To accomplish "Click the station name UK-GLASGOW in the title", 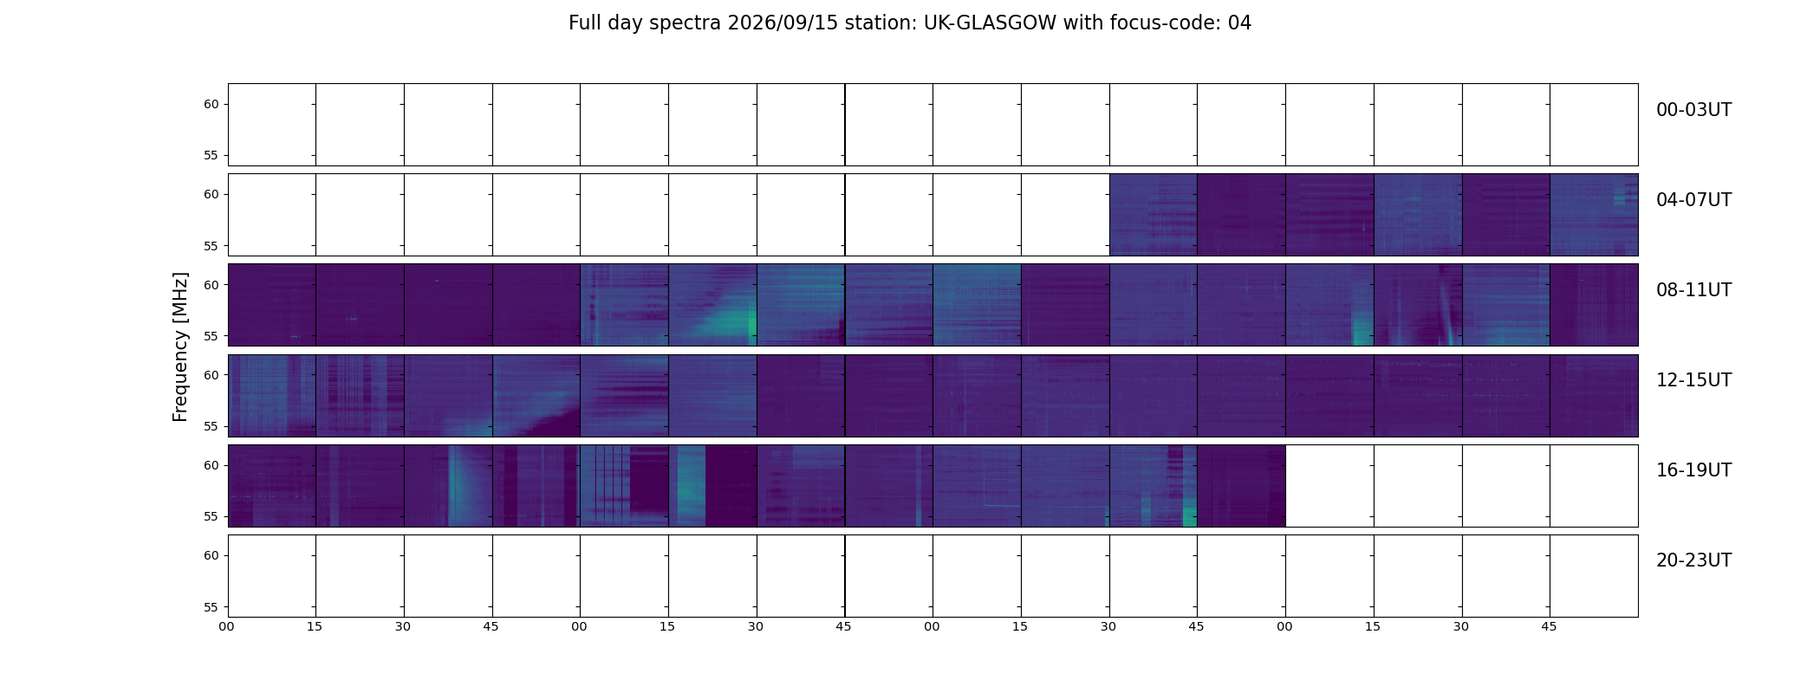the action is (x=990, y=23).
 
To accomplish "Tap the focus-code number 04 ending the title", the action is (x=1239, y=23).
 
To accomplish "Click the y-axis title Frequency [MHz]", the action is (x=180, y=346).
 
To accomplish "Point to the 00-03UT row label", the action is (x=1693, y=110).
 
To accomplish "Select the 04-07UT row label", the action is (x=1693, y=200).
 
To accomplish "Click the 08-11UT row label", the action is (x=1693, y=290).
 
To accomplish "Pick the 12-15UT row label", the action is (x=1693, y=380).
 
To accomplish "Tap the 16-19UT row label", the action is (x=1693, y=470).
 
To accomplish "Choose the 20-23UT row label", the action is (x=1693, y=560).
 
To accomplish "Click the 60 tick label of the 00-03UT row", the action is (x=211, y=105).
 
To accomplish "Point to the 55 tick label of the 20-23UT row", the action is (x=211, y=607).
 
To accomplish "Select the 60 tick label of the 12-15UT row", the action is (x=211, y=375).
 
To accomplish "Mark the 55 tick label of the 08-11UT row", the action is (x=211, y=336).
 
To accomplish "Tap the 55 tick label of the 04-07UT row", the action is (x=211, y=246).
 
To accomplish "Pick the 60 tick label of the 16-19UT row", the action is (x=211, y=465).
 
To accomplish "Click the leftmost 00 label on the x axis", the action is (x=227, y=626).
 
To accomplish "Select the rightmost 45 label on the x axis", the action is (x=1549, y=626).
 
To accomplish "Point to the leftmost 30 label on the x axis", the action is (x=403, y=626).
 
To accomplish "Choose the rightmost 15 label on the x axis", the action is (x=1373, y=626).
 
